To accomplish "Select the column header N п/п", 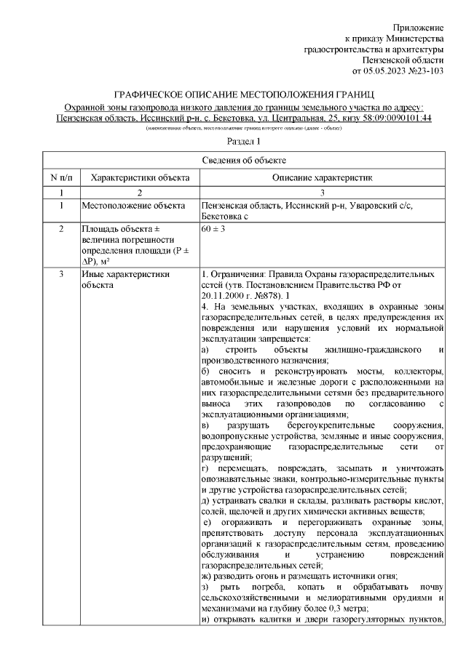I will point(60,177).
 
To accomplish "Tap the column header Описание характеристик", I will point(322,177).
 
